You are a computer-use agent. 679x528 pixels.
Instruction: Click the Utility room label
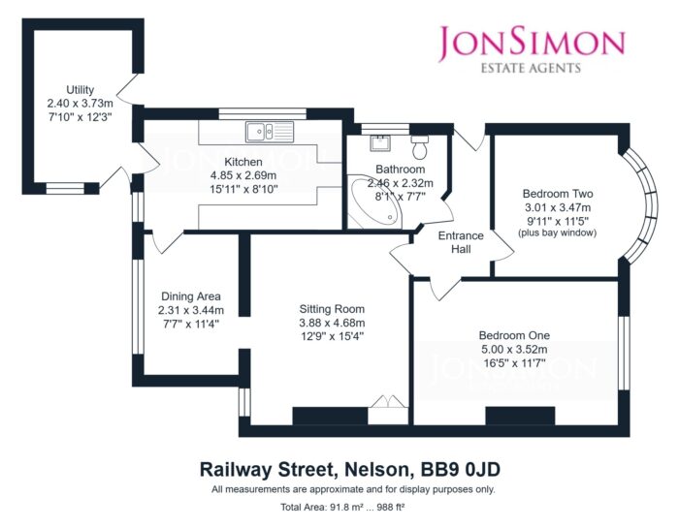81,90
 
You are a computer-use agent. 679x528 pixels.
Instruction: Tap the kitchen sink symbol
270,132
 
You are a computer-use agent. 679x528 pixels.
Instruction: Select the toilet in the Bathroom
419,147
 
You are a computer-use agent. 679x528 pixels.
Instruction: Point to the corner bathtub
375,202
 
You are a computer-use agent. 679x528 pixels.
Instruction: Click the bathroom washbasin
380,142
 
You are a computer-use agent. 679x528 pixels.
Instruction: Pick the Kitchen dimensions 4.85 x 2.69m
243,176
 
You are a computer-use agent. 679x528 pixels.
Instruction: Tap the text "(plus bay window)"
558,233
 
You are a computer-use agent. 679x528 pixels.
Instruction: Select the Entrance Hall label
461,242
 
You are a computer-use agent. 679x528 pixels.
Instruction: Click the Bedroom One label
514,335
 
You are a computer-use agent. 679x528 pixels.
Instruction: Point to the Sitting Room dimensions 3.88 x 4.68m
332,323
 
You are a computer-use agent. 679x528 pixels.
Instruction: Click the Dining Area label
191,296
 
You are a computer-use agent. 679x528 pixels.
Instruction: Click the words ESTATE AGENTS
531,68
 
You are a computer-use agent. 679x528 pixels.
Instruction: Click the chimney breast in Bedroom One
520,416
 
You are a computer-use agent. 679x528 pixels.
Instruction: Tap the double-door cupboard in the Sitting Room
388,410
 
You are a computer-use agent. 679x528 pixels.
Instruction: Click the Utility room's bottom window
65,188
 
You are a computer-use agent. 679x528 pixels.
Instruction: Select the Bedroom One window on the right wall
624,354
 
